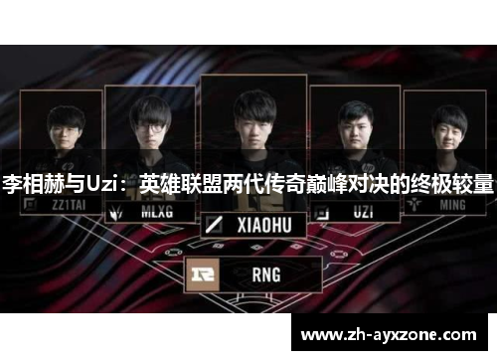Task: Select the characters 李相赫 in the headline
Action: (33, 185)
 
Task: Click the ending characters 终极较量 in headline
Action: (458, 185)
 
